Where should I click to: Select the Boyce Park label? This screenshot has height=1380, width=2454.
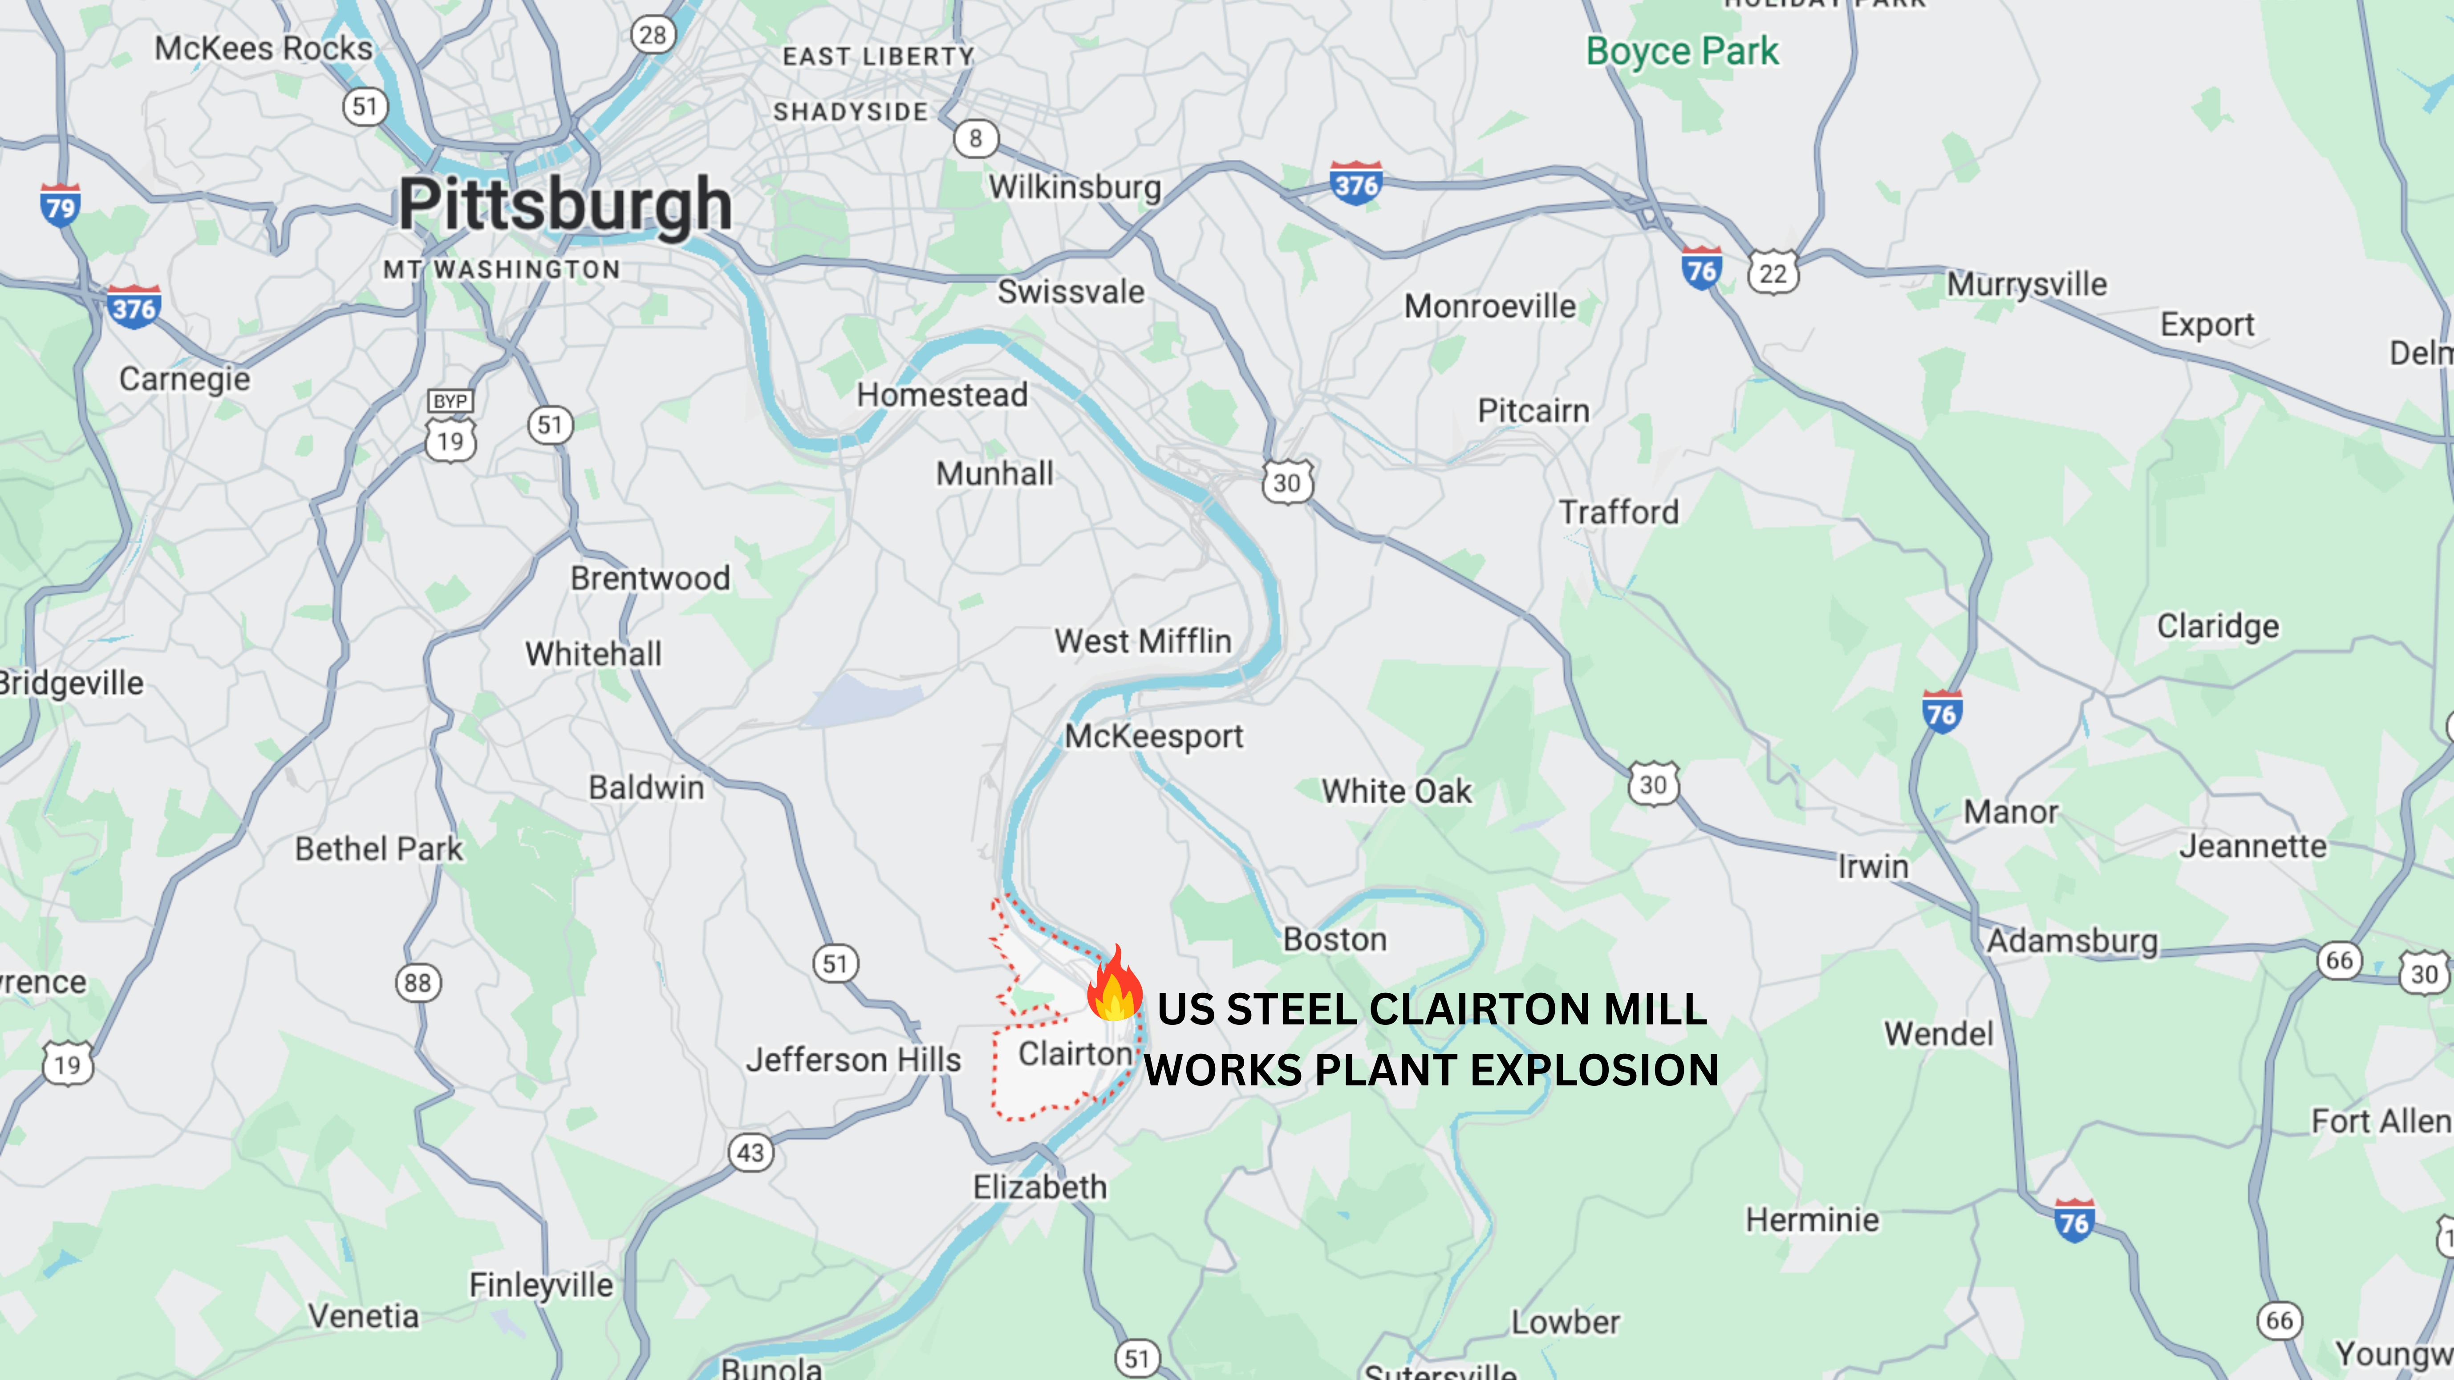pyautogui.click(x=1681, y=52)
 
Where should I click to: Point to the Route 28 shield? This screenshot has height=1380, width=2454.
pyautogui.click(x=653, y=35)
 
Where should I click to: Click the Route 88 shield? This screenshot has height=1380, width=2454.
pyautogui.click(x=418, y=983)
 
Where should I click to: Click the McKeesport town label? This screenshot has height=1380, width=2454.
pyautogui.click(x=1154, y=736)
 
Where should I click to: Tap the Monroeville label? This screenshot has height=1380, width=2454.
pyautogui.click(x=1490, y=307)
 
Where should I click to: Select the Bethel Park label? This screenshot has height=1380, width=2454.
pyautogui.click(x=378, y=849)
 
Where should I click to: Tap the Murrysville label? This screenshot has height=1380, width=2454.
pyautogui.click(x=2026, y=284)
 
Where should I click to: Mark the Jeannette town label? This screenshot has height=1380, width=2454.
pyautogui.click(x=2253, y=846)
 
